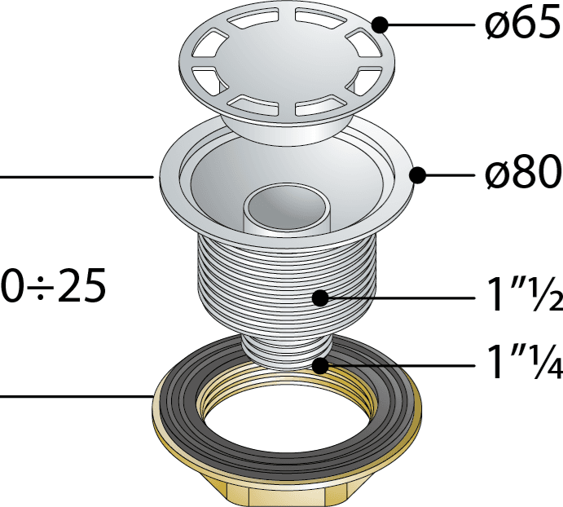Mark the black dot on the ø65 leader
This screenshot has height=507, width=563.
[380, 25]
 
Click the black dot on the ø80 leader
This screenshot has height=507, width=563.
[418, 175]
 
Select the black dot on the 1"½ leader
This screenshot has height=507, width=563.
[321, 298]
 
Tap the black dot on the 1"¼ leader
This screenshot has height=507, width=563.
[321, 366]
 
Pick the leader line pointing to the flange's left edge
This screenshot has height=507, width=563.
[77, 177]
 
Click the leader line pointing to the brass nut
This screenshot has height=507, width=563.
[77, 397]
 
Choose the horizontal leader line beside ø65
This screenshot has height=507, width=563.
[431, 25]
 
